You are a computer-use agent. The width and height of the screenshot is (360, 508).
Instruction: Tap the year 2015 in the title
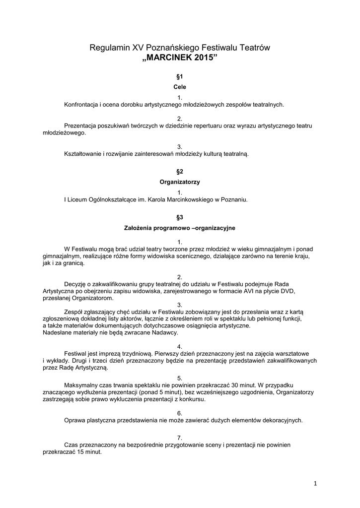click(x=206, y=58)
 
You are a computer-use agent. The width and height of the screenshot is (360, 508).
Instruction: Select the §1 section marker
click(x=180, y=77)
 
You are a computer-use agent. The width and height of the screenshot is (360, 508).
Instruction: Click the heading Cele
click(x=180, y=87)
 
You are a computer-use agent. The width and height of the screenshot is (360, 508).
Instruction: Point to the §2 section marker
click(x=180, y=171)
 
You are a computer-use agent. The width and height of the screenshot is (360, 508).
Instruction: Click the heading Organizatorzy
click(x=180, y=182)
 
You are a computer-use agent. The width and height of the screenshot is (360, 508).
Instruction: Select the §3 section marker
click(x=180, y=217)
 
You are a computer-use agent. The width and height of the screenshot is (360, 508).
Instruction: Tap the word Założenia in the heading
click(x=138, y=228)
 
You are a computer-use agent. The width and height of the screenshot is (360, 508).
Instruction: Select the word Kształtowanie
click(x=85, y=154)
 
